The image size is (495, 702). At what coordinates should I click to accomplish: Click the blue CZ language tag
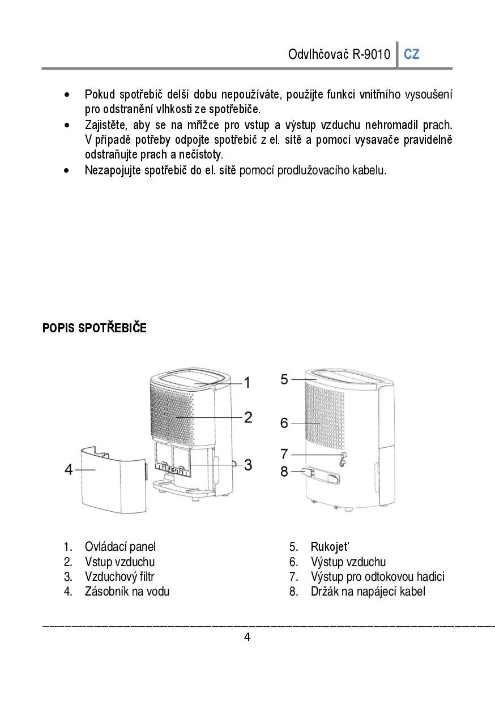(x=412, y=54)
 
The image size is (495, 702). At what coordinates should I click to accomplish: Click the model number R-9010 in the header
(x=372, y=55)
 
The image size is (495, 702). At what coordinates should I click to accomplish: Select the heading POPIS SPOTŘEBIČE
(x=94, y=328)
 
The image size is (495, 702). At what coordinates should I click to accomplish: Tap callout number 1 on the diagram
(x=247, y=383)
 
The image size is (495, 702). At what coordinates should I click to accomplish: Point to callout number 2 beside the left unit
(x=247, y=418)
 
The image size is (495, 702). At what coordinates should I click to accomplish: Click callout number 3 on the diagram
(x=247, y=465)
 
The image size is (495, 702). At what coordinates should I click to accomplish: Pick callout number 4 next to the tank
(x=69, y=470)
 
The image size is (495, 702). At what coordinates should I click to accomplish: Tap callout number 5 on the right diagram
(x=284, y=379)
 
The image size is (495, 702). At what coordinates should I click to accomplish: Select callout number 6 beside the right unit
(x=284, y=423)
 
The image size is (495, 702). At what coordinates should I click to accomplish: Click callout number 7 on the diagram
(x=284, y=454)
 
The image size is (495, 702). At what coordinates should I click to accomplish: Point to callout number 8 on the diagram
(x=284, y=471)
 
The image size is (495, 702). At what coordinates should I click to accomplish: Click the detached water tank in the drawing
(x=110, y=478)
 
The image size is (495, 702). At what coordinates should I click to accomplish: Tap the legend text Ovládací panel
(x=120, y=547)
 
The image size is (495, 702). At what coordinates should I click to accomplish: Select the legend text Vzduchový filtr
(x=119, y=577)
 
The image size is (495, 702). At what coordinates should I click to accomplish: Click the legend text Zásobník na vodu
(x=127, y=592)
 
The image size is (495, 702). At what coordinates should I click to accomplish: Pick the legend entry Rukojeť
(x=330, y=547)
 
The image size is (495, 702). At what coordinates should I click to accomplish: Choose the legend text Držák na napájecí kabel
(x=368, y=592)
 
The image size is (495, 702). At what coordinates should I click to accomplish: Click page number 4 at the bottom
(x=247, y=637)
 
